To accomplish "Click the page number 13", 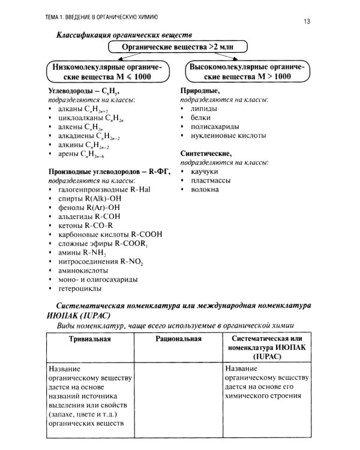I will click(307, 22).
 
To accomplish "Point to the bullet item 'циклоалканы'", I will click(87, 119).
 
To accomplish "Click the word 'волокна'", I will click(205, 190).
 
